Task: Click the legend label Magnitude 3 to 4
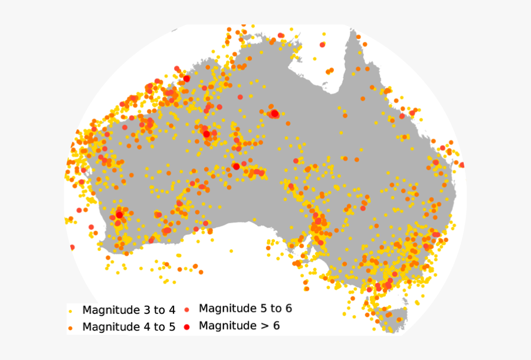(x=129, y=310)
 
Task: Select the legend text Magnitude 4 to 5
(x=129, y=327)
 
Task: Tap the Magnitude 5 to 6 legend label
(x=245, y=308)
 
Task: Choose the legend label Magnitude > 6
(x=239, y=325)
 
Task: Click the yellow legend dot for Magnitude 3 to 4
(x=71, y=310)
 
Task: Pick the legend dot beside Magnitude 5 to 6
(x=187, y=309)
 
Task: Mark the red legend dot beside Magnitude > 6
(x=187, y=326)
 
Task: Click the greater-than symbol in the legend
(x=261, y=325)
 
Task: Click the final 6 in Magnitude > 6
(x=276, y=325)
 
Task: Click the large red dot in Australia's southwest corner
(x=119, y=215)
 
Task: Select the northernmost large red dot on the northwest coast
(x=186, y=78)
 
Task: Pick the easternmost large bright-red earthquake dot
(x=274, y=113)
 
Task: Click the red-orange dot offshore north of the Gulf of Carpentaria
(x=322, y=44)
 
